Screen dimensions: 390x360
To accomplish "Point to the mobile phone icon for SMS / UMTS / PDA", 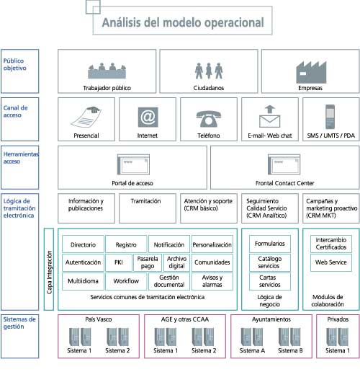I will click(329, 116).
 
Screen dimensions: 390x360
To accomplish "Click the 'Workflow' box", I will click(126, 280).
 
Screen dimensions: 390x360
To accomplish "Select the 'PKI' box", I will click(117, 262).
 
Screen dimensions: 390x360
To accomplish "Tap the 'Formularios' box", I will click(270, 244).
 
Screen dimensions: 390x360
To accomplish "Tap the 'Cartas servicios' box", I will click(270, 280).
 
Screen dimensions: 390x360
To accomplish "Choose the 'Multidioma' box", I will click(83, 280).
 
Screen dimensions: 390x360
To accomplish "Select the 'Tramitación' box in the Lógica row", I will click(145, 202).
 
